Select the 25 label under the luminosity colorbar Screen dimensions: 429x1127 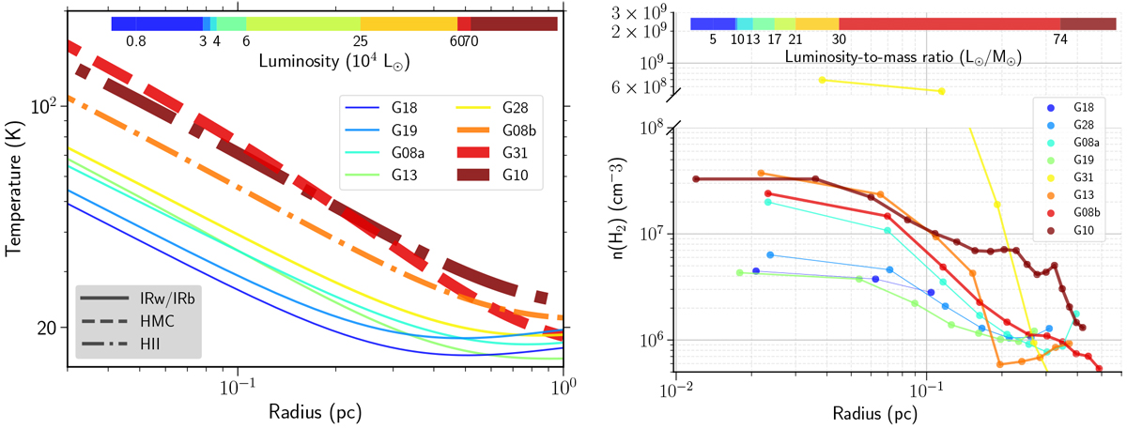361,40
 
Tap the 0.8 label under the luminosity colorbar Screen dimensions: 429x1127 135,40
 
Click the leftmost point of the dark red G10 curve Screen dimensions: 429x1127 696,179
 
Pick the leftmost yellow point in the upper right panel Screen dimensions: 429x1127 822,80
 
